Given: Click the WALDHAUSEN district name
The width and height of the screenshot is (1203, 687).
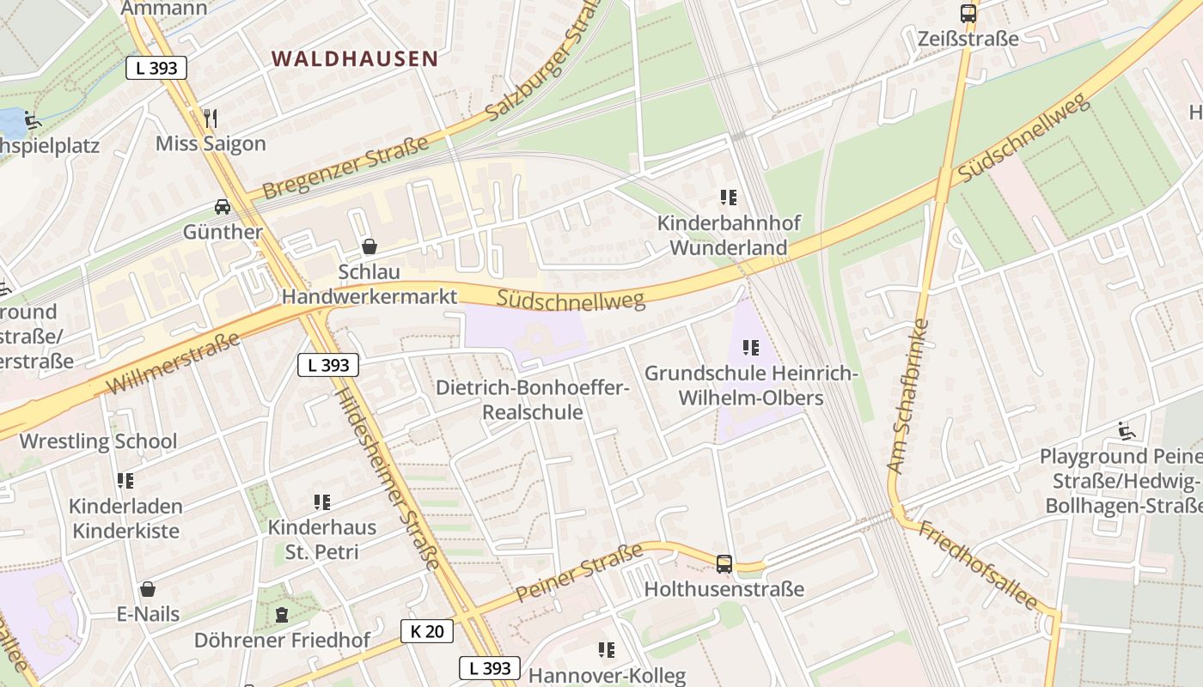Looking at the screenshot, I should pos(355,58).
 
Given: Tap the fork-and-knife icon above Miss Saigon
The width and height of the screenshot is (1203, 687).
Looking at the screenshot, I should pos(211,117).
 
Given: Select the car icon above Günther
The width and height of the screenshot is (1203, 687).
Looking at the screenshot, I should pos(223,206).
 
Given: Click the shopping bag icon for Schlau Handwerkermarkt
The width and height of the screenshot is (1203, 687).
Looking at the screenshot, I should pos(369,246).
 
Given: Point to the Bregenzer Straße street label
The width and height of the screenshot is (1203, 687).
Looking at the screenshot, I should pos(345,167).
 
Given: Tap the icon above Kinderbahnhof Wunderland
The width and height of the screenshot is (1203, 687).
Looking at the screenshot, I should pos(729,198).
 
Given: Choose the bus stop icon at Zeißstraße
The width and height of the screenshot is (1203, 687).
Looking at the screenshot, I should pos(968,14).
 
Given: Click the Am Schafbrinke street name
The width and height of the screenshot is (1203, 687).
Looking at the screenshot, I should pos(908,397).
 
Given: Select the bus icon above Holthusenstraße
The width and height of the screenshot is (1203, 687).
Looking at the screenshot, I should pos(724,564).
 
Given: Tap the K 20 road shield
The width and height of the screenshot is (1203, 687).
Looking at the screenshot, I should pos(426,631).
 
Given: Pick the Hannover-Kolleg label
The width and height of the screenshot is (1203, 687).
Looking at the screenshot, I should pos(607,675).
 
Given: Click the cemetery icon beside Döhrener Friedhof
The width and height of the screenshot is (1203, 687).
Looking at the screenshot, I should pos(281,615).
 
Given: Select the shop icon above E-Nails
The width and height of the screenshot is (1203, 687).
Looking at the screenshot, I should pos(149,589).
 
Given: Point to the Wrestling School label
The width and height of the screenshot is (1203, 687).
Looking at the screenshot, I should pos(98,441).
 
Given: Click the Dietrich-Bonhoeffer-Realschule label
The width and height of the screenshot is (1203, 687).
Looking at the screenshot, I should pos(533,399).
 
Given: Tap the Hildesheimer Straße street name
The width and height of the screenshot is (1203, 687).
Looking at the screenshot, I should pos(388,477).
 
